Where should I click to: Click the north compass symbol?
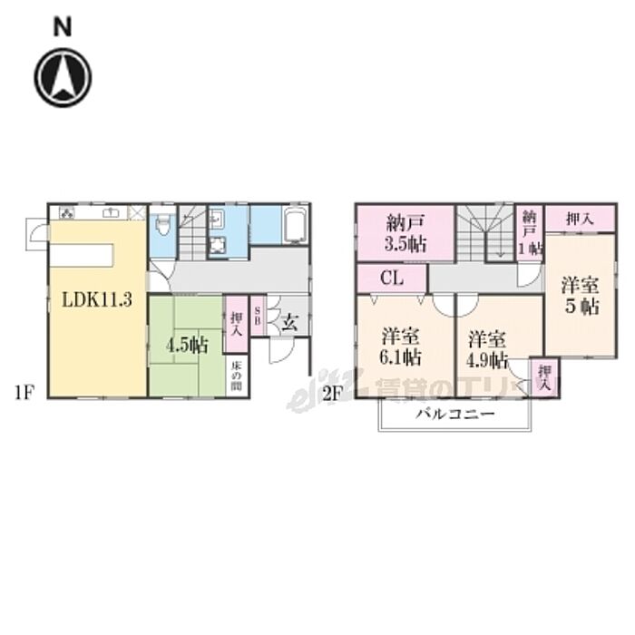(63, 78)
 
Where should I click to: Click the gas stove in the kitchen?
(67, 213)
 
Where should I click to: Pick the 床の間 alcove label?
(235, 376)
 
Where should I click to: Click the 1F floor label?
(24, 395)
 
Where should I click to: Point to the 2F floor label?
(331, 395)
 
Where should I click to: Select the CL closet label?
(392, 278)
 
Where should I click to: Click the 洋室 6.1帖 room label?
(400, 345)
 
